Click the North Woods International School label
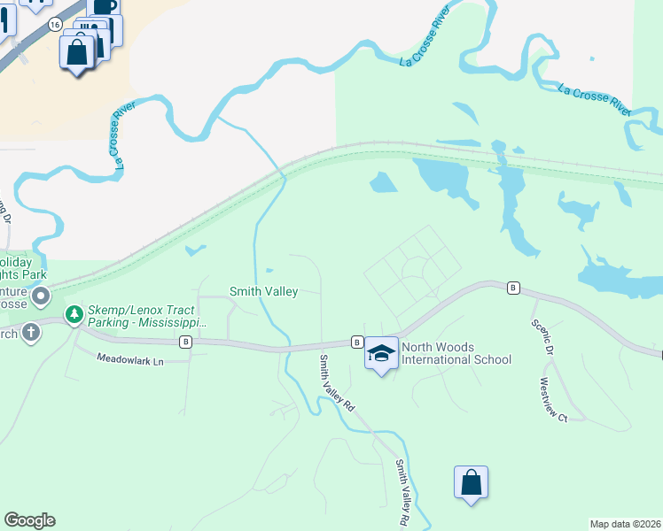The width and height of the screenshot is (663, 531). point(456,353)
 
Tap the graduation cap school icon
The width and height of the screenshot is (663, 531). point(381,353)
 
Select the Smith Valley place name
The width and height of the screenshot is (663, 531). point(263,290)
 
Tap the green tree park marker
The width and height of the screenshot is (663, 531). point(74,314)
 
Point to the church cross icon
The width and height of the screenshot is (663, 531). point(31,333)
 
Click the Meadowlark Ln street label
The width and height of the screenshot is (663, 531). point(130,361)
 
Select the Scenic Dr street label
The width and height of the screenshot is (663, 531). point(542,337)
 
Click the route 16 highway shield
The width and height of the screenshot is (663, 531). point(56,26)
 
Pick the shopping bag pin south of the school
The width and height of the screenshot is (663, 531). point(471,483)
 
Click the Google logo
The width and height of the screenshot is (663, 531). point(29,520)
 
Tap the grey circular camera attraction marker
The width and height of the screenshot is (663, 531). point(40,295)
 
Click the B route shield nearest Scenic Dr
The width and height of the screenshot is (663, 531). point(512,288)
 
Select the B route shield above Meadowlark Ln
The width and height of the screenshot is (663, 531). point(185,342)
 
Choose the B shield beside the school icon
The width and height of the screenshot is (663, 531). point(356,342)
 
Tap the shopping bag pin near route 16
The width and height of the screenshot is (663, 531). point(78,52)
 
